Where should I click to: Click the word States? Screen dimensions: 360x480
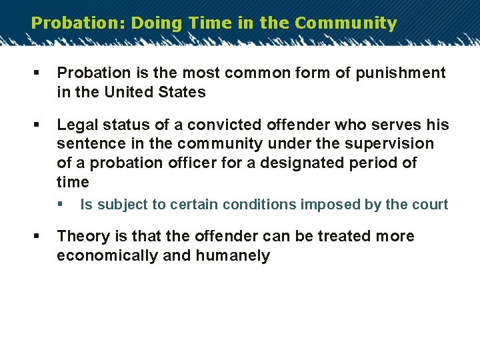click(x=184, y=92)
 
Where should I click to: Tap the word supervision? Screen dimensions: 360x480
click(x=391, y=144)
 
